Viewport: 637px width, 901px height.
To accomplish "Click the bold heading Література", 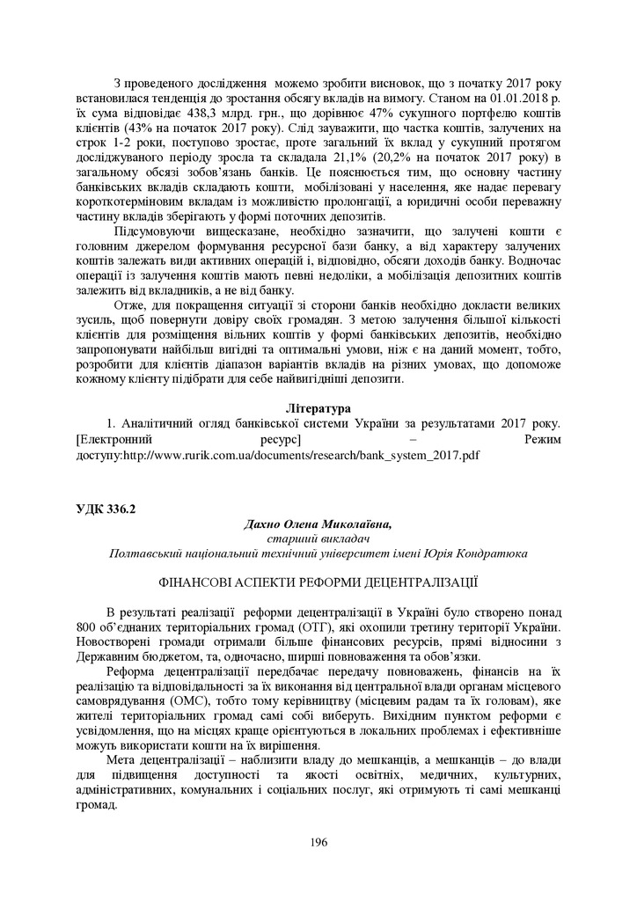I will [x=318, y=409].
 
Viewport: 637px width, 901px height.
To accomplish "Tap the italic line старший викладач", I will [x=318, y=538].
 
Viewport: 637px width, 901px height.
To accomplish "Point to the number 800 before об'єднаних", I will [x=88, y=626].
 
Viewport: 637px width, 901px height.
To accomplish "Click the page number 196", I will [x=318, y=842].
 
